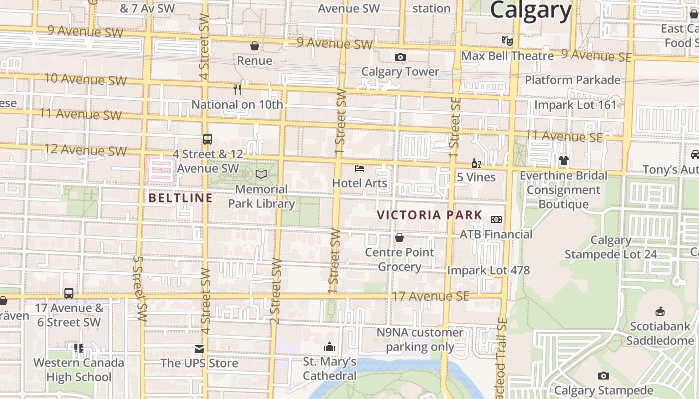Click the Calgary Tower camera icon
pyautogui.click(x=400, y=57)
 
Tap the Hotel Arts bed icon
pyautogui.click(x=359, y=169)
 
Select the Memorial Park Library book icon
pyautogui.click(x=261, y=174)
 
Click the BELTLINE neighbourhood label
pyautogui.click(x=181, y=198)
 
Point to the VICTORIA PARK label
pyautogui.click(x=429, y=215)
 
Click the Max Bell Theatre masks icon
pyautogui.click(x=507, y=41)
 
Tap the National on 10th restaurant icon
pyautogui.click(x=237, y=90)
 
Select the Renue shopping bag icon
pyautogui.click(x=255, y=46)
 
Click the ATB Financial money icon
pyautogui.click(x=496, y=219)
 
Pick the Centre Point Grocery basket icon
pyautogui.click(x=399, y=237)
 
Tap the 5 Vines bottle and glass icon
pyautogui.click(x=476, y=163)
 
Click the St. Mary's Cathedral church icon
pyautogui.click(x=330, y=347)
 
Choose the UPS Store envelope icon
pyautogui.click(x=199, y=349)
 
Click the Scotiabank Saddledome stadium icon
pyautogui.click(x=660, y=312)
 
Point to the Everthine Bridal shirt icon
pyautogui.click(x=564, y=161)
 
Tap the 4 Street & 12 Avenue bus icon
pyautogui.click(x=207, y=139)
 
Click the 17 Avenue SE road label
pyautogui.click(x=431, y=296)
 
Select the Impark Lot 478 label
pyautogui.click(x=488, y=270)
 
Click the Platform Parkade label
pyautogui.click(x=572, y=80)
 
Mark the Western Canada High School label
pyautogui.click(x=79, y=370)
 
